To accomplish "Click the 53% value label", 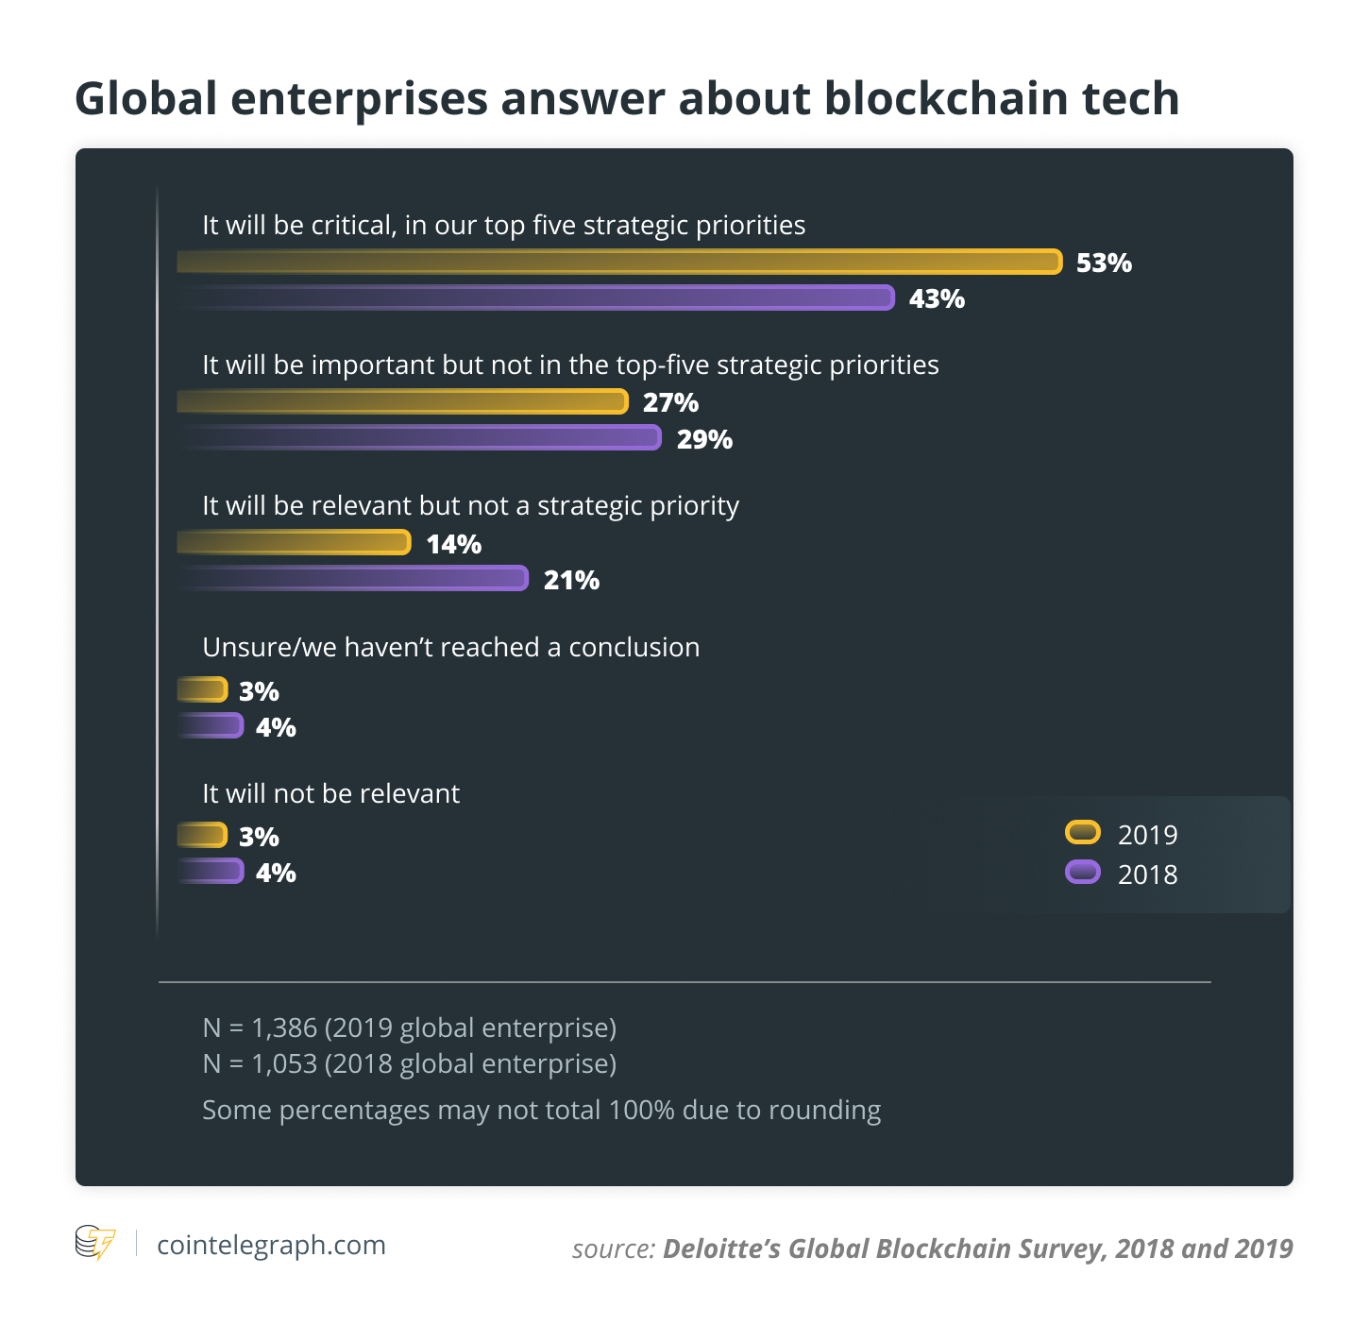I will tap(1104, 263).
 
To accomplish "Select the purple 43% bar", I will tap(536, 297).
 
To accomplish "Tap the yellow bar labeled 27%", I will tap(403, 401).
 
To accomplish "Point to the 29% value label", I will tap(704, 439).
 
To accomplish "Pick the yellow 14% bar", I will tap(295, 542).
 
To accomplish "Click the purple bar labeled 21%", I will tap(353, 578).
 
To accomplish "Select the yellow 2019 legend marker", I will tap(1082, 833).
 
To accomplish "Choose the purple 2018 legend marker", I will tap(1082, 872).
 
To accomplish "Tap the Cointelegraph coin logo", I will tap(94, 1243).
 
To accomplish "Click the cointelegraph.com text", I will tap(271, 1245).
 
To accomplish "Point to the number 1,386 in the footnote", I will tap(283, 1028).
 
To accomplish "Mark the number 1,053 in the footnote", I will tap(283, 1064).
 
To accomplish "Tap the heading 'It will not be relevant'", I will tap(330, 793).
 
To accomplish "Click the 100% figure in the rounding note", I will tap(641, 1110).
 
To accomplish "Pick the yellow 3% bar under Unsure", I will tap(203, 689).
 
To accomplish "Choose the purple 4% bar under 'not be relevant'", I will tap(211, 871).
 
